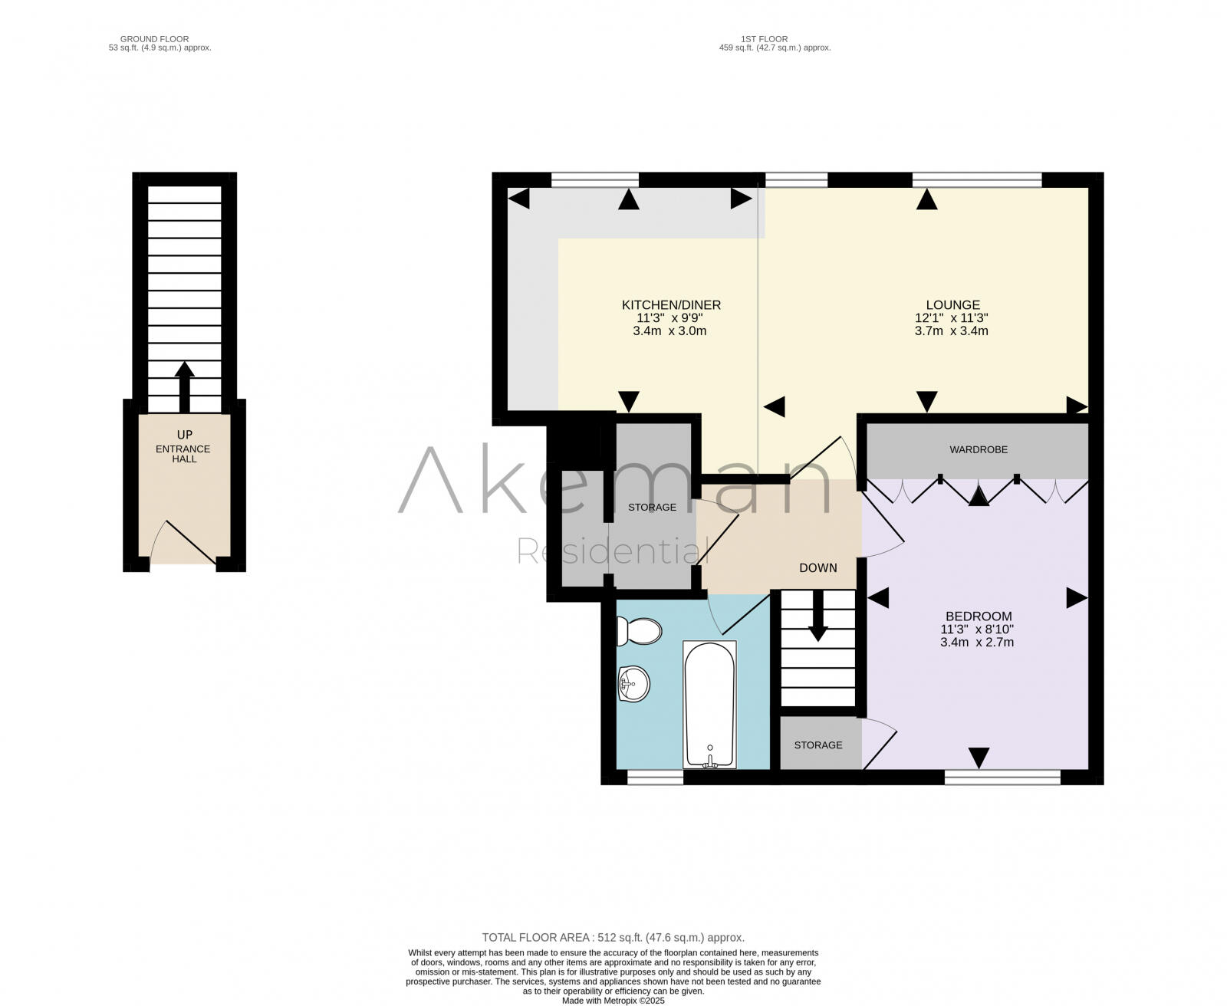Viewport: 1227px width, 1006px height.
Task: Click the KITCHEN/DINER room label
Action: (x=671, y=305)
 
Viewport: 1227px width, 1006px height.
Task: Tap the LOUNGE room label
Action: (x=952, y=305)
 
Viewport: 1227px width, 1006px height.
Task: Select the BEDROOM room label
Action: (x=978, y=616)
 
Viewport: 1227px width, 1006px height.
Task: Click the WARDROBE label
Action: (x=978, y=449)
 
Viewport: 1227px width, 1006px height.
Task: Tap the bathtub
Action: (x=709, y=704)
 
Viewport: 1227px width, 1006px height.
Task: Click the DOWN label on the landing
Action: (x=817, y=568)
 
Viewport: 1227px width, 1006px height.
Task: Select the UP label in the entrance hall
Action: (x=185, y=435)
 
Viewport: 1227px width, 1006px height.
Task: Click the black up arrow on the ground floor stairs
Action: (x=184, y=387)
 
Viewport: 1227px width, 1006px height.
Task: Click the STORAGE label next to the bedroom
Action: (x=817, y=745)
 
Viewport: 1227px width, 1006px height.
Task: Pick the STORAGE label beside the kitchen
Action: (x=652, y=507)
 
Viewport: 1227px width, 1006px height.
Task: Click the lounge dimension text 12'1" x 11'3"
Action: (x=952, y=318)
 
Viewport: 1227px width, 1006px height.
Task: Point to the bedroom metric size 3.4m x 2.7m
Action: (x=977, y=642)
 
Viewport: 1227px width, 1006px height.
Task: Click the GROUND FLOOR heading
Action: (x=154, y=38)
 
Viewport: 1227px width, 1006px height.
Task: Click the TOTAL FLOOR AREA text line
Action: (x=613, y=938)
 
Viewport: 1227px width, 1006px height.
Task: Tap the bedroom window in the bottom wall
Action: (x=1002, y=778)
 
